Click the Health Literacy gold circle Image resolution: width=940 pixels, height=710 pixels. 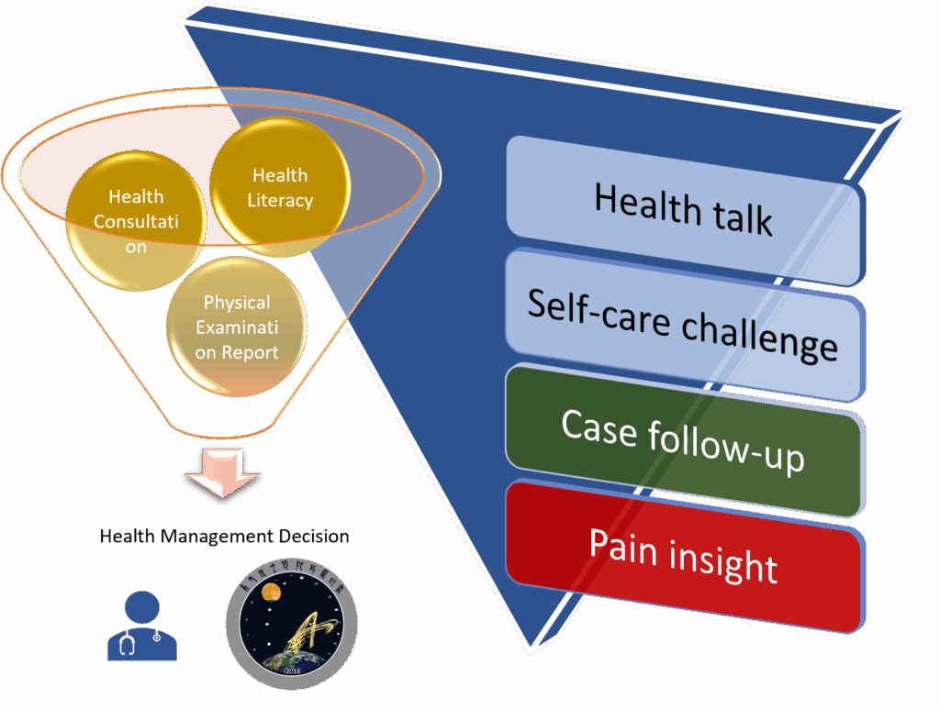[x=280, y=187]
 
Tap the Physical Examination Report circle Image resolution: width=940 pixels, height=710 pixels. [x=237, y=327]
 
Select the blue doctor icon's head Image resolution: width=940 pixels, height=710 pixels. [x=143, y=605]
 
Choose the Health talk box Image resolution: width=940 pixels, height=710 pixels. [x=684, y=209]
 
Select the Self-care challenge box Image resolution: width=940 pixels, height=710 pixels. [x=684, y=326]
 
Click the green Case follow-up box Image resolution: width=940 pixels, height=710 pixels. [x=684, y=441]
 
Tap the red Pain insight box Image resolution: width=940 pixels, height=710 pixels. [x=684, y=555]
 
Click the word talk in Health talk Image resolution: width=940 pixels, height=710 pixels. [x=740, y=216]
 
